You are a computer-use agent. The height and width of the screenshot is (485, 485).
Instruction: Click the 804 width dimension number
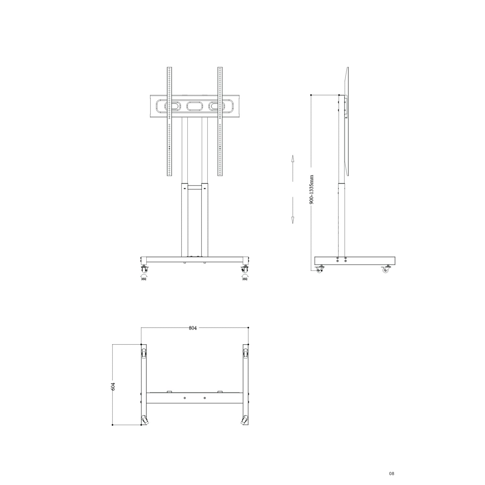(x=193, y=328)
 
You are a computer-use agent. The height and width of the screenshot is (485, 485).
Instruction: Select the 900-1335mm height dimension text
(x=312, y=190)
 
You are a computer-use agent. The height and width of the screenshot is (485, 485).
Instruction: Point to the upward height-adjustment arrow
(x=293, y=168)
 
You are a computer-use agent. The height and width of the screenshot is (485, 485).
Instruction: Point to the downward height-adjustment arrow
(x=293, y=210)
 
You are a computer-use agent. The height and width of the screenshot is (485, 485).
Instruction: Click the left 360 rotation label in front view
(x=144, y=279)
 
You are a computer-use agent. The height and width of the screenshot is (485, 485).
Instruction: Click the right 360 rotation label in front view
(x=244, y=279)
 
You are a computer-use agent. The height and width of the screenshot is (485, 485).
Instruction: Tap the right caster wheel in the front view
(x=244, y=269)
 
